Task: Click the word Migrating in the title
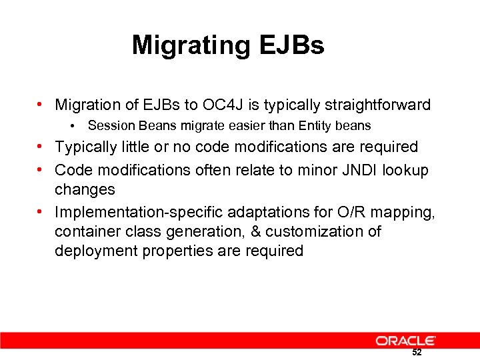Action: [189, 46]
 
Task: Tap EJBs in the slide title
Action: [289, 45]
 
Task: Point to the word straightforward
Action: [379, 105]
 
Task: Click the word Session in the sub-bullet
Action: [109, 125]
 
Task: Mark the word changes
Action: [85, 189]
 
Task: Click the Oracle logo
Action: [405, 341]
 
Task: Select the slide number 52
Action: [417, 353]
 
